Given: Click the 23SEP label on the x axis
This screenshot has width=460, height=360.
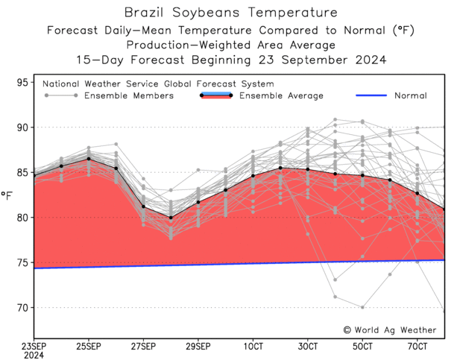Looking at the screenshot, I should (34, 347).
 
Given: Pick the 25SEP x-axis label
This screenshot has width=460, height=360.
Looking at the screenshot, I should (89, 347).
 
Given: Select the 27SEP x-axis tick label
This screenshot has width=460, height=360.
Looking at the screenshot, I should (143, 347).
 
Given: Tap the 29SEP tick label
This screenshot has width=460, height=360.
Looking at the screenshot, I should (198, 347).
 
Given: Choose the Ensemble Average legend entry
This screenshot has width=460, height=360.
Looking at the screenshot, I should (281, 95).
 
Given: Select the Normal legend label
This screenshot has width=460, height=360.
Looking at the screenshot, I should (409, 95).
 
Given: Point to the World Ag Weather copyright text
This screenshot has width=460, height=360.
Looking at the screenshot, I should (389, 329).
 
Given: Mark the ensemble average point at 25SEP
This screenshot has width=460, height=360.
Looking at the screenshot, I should (89, 159).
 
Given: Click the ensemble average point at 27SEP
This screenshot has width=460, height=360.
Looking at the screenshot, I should (143, 206).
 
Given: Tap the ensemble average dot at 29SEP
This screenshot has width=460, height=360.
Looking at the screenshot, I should (198, 202).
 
